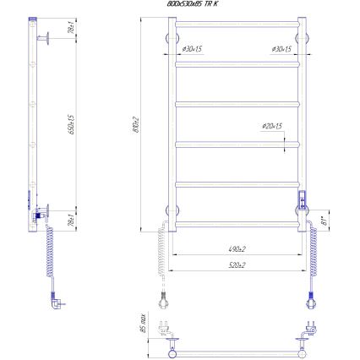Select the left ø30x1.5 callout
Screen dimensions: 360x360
pos(192,49)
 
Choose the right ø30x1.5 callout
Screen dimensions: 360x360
pos(281,49)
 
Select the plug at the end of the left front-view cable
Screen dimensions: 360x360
pos(162,298)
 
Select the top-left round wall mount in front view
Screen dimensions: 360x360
pos(166,36)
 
